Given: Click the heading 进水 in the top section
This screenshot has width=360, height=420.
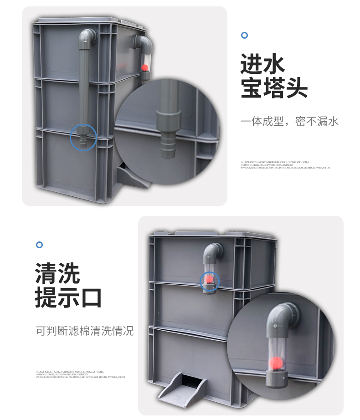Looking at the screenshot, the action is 262,64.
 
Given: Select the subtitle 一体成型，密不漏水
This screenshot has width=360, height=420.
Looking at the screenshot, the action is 289,122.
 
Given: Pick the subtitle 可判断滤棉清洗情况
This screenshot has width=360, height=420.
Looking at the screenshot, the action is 85,331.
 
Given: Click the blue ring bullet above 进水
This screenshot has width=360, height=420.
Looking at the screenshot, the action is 244,36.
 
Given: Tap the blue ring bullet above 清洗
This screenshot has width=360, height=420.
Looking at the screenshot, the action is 39,245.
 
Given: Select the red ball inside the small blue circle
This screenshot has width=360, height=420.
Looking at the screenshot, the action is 210,279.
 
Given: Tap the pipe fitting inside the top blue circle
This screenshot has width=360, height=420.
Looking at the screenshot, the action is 83,138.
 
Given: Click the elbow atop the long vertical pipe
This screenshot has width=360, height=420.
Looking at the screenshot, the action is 87,38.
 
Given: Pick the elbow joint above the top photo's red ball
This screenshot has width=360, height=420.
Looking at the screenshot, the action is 144,46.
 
